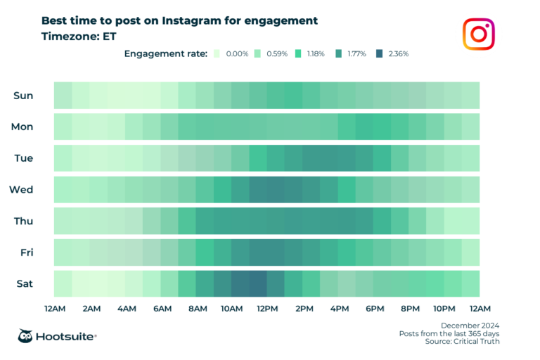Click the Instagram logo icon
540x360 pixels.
click(x=479, y=34)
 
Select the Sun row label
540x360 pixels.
click(x=23, y=96)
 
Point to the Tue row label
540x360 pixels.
click(x=23, y=158)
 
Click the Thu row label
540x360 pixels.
click(x=23, y=221)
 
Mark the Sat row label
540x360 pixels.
click(x=24, y=283)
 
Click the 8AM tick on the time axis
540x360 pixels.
click(x=196, y=309)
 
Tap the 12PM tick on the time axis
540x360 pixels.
click(x=267, y=309)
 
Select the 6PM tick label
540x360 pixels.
click(x=374, y=309)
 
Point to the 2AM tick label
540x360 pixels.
click(x=90, y=309)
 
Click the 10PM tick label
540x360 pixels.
click(x=444, y=309)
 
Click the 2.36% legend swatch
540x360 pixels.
click(x=380, y=53)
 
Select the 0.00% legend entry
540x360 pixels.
click(x=232, y=53)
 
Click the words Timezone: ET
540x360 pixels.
click(x=78, y=37)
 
